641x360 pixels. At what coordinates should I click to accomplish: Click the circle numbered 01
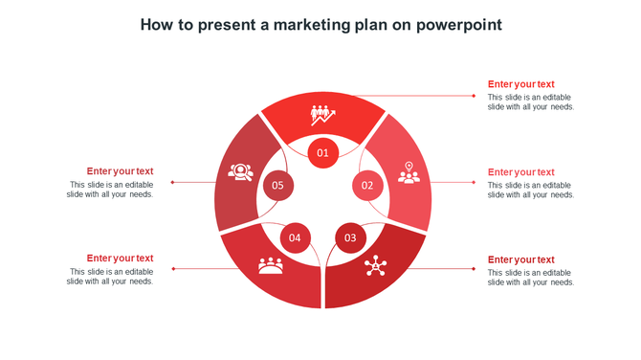[322, 152]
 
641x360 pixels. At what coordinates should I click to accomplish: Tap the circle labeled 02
[367, 185]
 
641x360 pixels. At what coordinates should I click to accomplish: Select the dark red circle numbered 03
[350, 237]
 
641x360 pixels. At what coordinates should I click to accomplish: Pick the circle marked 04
[295, 237]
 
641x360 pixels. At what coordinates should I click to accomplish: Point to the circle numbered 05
[277, 185]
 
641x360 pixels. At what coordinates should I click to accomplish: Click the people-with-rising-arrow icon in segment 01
[322, 115]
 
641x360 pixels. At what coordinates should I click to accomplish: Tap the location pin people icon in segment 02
[409, 172]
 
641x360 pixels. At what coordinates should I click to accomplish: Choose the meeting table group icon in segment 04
[271, 265]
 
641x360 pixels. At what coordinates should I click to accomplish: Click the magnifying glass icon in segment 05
[240, 172]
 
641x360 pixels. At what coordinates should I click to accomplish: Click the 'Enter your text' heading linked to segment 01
[520, 84]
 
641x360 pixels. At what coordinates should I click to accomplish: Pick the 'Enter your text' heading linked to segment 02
[520, 172]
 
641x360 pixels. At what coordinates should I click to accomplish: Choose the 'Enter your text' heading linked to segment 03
[520, 259]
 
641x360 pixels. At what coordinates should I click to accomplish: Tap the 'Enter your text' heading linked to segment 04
[120, 259]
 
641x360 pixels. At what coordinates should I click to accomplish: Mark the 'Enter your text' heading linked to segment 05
[120, 171]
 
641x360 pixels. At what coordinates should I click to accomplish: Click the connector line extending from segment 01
[421, 96]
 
